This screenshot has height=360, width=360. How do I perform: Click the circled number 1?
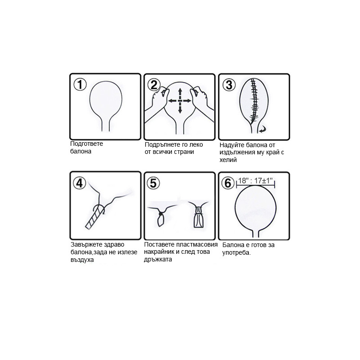tap(80, 85)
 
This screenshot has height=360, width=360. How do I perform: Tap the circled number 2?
tap(154, 85)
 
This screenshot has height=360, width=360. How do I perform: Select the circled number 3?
tap(229, 85)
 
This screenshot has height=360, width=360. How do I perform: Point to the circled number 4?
tap(80, 183)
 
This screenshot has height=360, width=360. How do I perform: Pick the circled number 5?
tap(153, 183)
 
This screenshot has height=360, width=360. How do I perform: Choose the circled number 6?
tap(228, 183)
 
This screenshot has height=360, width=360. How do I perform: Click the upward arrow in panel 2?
tap(180, 94)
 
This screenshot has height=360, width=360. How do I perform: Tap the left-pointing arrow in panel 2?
tap(174, 101)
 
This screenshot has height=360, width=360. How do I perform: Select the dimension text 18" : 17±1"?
tap(255, 181)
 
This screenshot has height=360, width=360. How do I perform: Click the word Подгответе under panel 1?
tap(86, 144)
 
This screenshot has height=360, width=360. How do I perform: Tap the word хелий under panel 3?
tap(228, 160)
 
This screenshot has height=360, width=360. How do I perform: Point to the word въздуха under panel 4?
tap(82, 260)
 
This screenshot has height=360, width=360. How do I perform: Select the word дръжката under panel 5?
tap(158, 260)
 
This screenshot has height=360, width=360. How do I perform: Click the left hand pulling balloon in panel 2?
tap(156, 103)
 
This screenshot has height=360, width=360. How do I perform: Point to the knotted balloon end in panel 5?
tap(161, 219)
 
